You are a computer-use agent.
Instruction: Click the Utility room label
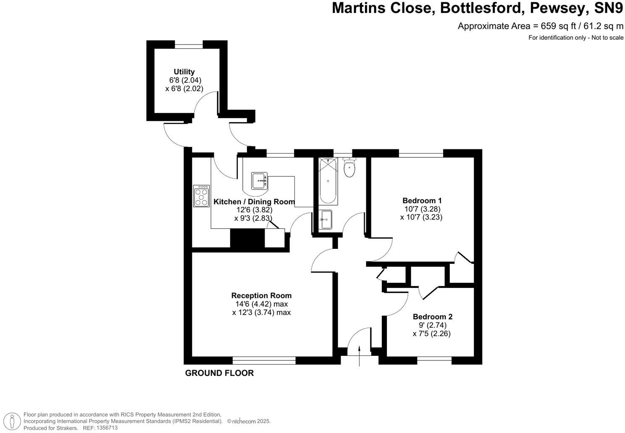coord(184,72)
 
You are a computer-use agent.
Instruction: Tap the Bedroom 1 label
coord(422,201)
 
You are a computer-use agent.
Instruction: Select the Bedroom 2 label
coord(432,317)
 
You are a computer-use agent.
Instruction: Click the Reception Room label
coord(261,295)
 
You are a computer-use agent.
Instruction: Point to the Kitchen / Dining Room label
coord(254,202)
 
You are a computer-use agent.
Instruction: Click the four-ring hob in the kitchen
coord(202,196)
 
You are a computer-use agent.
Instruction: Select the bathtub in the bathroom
coord(328,181)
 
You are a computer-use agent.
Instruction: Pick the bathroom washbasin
coord(326,219)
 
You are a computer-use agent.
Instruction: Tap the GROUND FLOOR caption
coord(219,373)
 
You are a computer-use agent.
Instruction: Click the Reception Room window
coord(264,360)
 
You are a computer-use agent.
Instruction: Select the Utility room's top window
coord(189,44)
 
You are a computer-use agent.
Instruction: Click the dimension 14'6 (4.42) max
coord(261,304)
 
